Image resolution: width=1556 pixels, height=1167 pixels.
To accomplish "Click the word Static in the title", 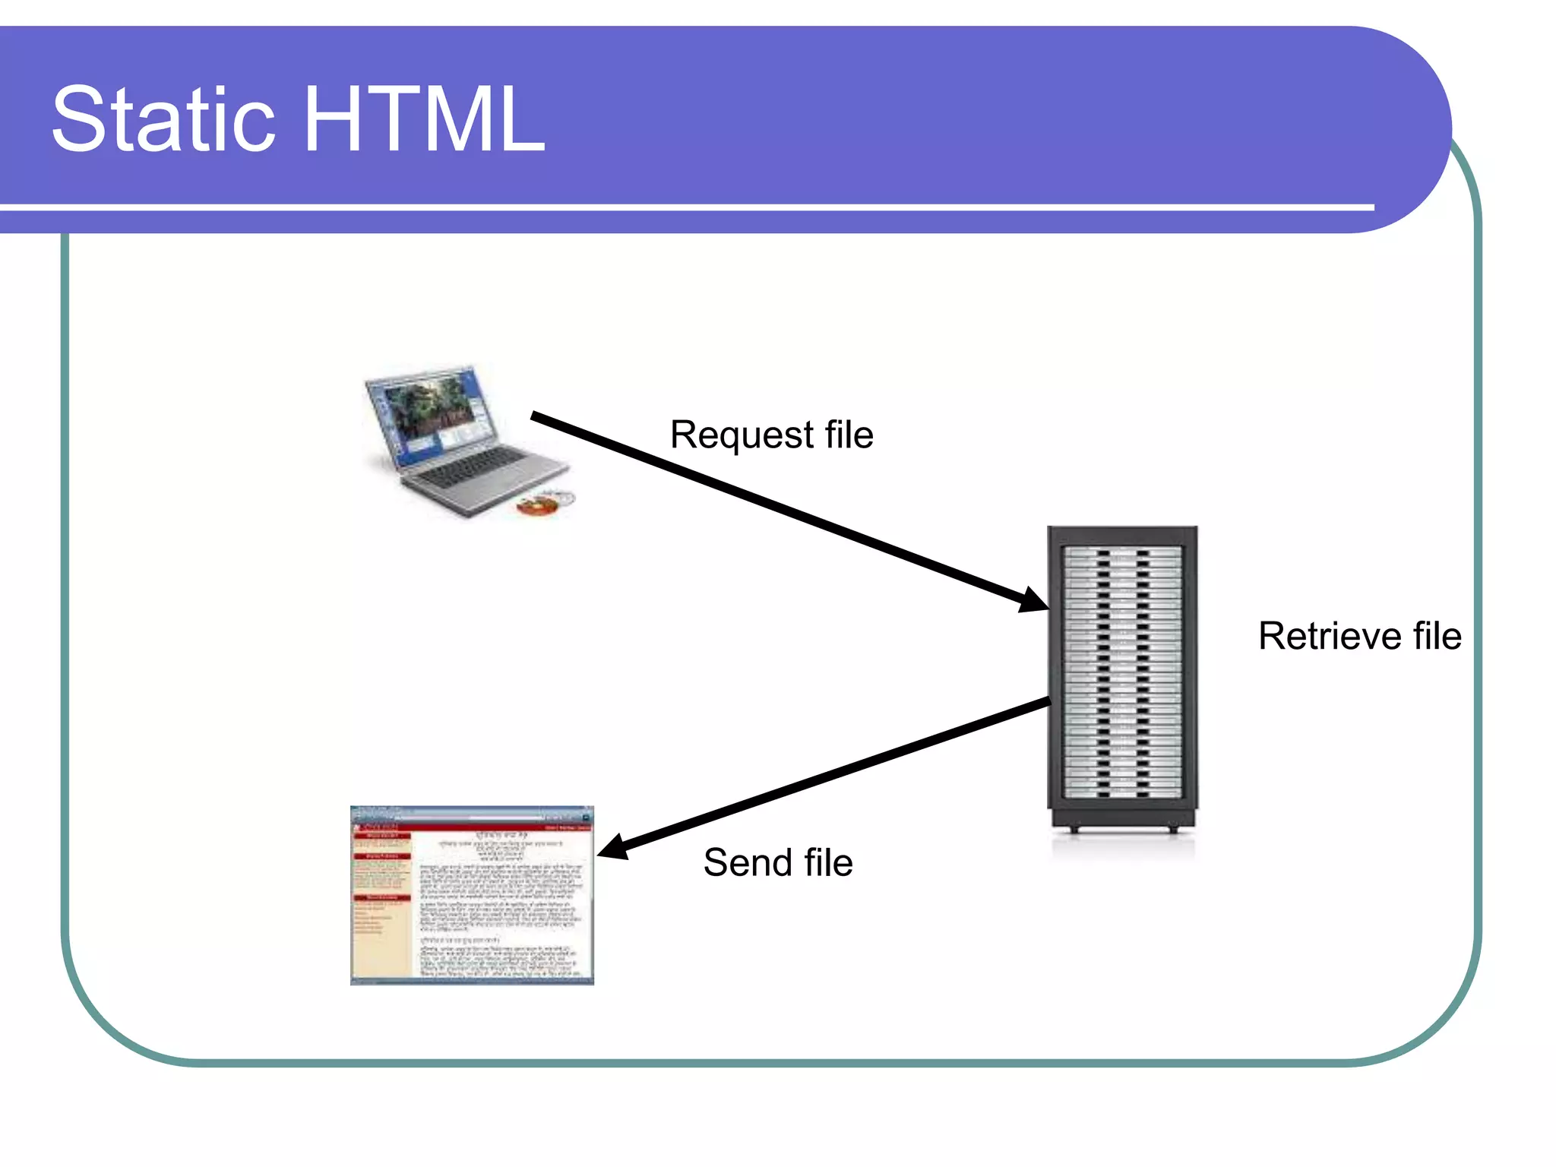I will [163, 120].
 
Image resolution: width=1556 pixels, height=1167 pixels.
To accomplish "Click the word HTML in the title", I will [424, 120].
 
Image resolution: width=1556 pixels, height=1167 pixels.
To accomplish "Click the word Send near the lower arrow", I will [748, 863].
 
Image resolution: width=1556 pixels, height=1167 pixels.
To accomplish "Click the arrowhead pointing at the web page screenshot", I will [614, 848].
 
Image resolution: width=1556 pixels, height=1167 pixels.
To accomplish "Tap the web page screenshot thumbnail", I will [472, 897].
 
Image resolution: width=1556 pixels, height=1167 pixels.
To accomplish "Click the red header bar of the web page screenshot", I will [472, 827].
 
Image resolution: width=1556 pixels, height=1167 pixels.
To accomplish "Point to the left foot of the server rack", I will [1074, 830].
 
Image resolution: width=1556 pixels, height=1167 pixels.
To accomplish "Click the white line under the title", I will [684, 207].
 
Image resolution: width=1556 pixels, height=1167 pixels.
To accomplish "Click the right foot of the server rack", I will [1172, 830].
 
